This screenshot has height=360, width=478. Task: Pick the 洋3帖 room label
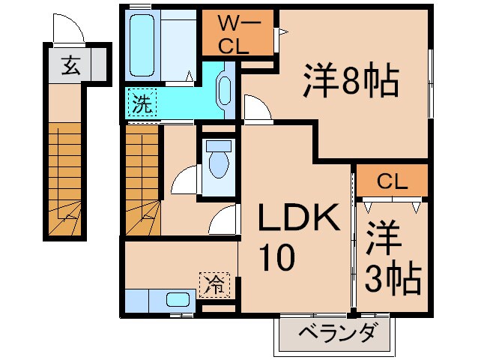pyautogui.click(x=392, y=259)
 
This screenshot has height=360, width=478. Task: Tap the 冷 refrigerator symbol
pyautogui.click(x=215, y=283)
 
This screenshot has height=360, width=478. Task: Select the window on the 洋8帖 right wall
pyautogui.click(x=431, y=83)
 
